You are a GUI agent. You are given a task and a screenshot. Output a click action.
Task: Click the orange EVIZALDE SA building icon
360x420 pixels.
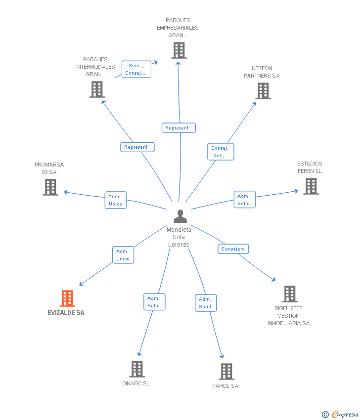[67, 298]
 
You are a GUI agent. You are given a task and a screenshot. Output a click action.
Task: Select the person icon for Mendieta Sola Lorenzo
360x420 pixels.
[180, 216]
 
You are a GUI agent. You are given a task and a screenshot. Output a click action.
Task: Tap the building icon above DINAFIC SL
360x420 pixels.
[137, 369]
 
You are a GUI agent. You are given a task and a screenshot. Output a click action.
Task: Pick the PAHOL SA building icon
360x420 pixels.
[226, 372]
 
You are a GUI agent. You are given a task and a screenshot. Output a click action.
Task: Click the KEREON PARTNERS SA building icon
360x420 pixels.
[263, 91]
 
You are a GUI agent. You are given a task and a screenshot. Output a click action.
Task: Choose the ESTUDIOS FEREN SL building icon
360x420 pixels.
[311, 186]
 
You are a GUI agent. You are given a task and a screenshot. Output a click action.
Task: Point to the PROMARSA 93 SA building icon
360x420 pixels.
[50, 187]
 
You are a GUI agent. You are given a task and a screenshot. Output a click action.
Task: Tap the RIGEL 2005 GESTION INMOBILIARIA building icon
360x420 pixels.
[290, 294]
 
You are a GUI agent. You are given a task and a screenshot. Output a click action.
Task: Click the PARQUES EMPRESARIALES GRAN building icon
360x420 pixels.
[179, 50]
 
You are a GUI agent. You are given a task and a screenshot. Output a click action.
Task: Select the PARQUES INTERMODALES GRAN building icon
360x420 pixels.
[97, 89]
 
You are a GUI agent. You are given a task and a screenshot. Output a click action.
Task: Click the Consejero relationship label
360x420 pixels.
[233, 249]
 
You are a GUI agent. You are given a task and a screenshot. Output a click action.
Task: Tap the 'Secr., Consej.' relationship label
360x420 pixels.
[136, 69]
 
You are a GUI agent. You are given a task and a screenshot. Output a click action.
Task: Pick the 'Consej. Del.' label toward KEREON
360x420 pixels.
[221, 152]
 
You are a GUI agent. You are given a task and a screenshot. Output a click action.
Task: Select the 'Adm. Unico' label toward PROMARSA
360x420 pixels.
[115, 200]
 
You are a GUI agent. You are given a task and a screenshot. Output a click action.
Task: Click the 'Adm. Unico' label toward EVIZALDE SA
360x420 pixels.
[123, 255]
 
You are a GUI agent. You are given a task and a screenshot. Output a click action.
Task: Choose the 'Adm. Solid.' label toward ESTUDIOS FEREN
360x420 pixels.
[244, 200]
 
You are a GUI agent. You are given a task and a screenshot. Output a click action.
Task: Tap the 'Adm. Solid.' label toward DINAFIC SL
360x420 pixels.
[154, 302]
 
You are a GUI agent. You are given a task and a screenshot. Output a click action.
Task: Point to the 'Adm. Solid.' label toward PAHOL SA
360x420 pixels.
[206, 303]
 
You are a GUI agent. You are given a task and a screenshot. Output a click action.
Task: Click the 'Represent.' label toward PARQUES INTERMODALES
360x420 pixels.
[137, 147]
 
